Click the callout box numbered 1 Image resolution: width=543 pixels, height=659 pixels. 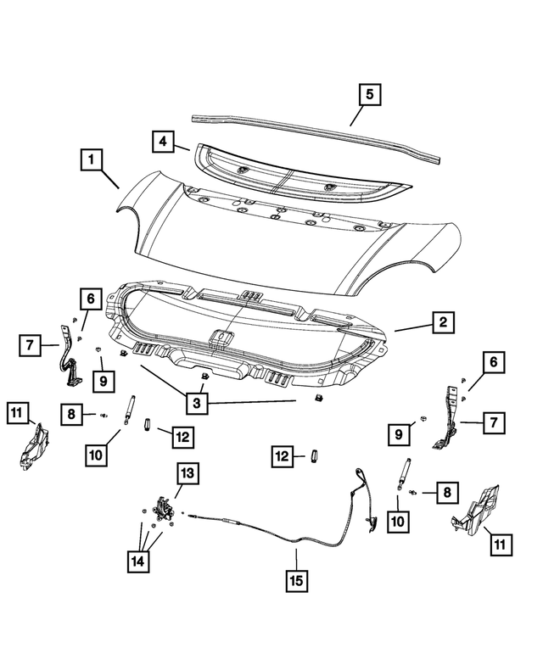click(94, 159)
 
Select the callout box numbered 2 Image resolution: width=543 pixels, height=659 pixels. click(442, 322)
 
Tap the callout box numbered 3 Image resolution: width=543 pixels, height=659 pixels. click(196, 401)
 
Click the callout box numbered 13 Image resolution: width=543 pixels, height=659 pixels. click(187, 474)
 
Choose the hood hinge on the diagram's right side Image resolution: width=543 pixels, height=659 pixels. click(447, 420)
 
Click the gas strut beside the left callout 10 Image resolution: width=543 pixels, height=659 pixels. click(130, 410)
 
